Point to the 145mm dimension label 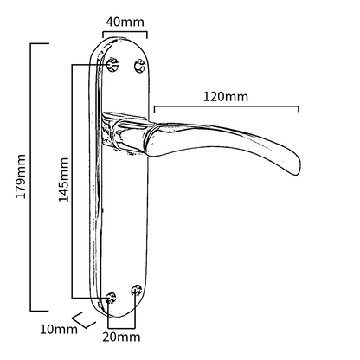point(62,179)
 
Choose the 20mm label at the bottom point(122,336)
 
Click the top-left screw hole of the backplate point(112,63)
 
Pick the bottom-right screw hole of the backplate point(136,292)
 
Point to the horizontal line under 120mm point(226,108)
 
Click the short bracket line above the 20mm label point(122,322)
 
